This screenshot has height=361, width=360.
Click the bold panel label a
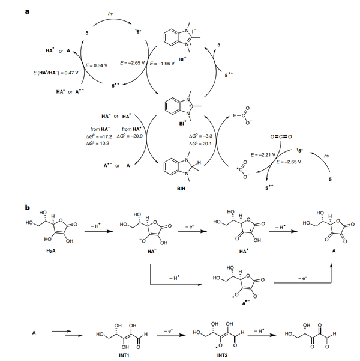[28, 7]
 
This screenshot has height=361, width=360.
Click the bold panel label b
[28, 208]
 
